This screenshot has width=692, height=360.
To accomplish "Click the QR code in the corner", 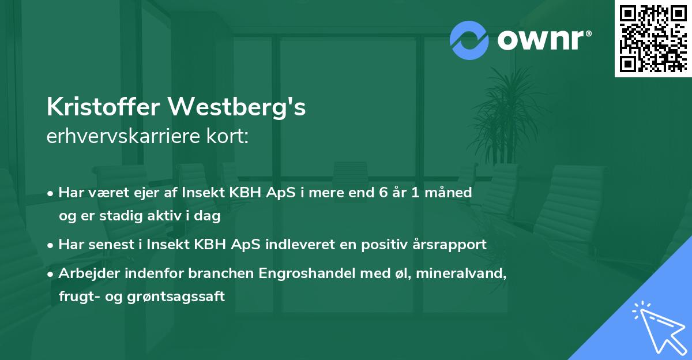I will coord(653,38).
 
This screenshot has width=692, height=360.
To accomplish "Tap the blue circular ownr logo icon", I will coord(469,40).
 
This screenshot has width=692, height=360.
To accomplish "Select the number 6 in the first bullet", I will coord(382,192).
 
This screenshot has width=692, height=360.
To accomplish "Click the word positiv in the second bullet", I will coord(386,244).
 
